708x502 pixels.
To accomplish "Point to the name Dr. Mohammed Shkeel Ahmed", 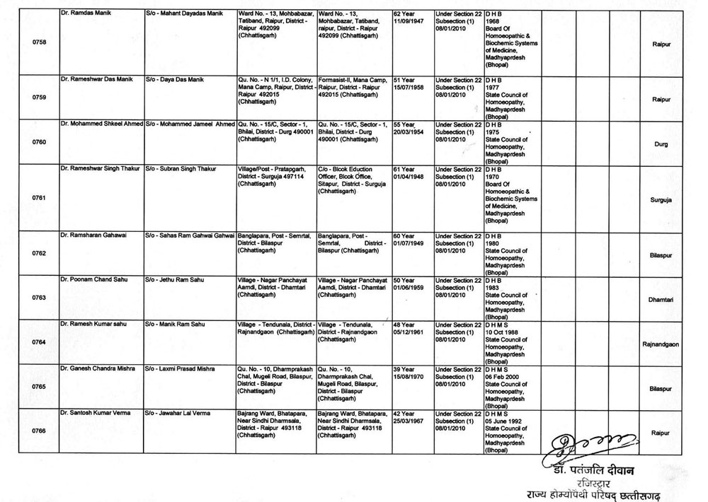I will tap(101, 124).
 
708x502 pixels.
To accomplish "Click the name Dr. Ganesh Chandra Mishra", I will tap(100, 369).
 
